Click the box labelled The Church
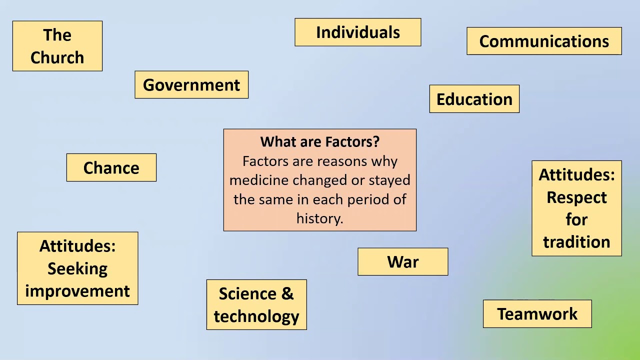coord(57,46)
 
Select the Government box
coord(191,85)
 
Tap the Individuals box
coord(358,32)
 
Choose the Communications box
coord(544,41)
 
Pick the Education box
coord(474,99)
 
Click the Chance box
coord(111,167)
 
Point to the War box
coord(403,262)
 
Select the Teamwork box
coord(537,314)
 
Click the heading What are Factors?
coord(320,142)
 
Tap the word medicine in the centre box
coord(259,180)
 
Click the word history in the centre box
coord(318,218)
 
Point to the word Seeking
coord(77,268)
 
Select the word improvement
coord(77,291)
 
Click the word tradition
coord(576,242)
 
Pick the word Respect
coord(576,197)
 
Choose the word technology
coord(256,316)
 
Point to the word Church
coord(57,57)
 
